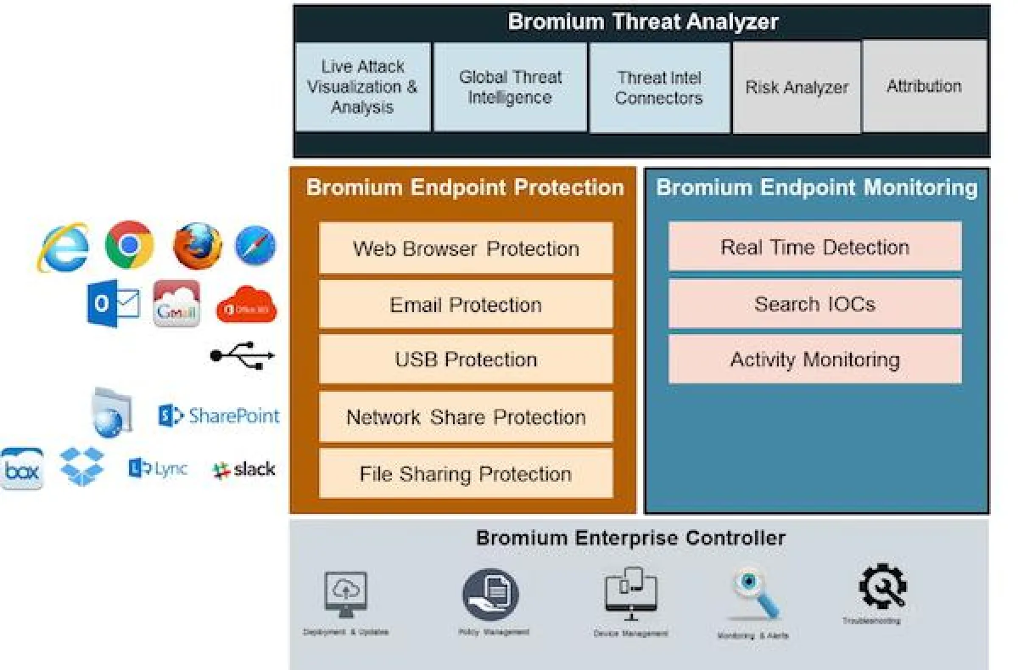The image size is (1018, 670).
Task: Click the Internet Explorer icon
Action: point(64,247)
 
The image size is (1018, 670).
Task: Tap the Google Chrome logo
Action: point(129,245)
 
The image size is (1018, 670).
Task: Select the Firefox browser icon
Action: point(197,246)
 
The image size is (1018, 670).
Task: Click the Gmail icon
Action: point(176,304)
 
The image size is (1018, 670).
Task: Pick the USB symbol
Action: point(243,356)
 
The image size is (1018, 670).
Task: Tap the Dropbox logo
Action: point(81,467)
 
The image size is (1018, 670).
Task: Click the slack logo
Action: point(244,469)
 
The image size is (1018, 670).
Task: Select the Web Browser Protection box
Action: point(466,248)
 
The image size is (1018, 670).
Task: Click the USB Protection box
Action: point(466,360)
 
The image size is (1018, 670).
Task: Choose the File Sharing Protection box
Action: point(466,473)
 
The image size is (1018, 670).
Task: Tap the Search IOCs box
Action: point(814,304)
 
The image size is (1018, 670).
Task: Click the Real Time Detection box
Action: point(814,247)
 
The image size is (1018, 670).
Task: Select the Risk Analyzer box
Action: point(797,87)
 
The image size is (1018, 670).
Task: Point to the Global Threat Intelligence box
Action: point(510,87)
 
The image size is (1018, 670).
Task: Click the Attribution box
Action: point(924,87)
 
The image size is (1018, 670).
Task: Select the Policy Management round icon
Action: point(491,594)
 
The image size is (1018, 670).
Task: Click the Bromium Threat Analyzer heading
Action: point(642,22)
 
